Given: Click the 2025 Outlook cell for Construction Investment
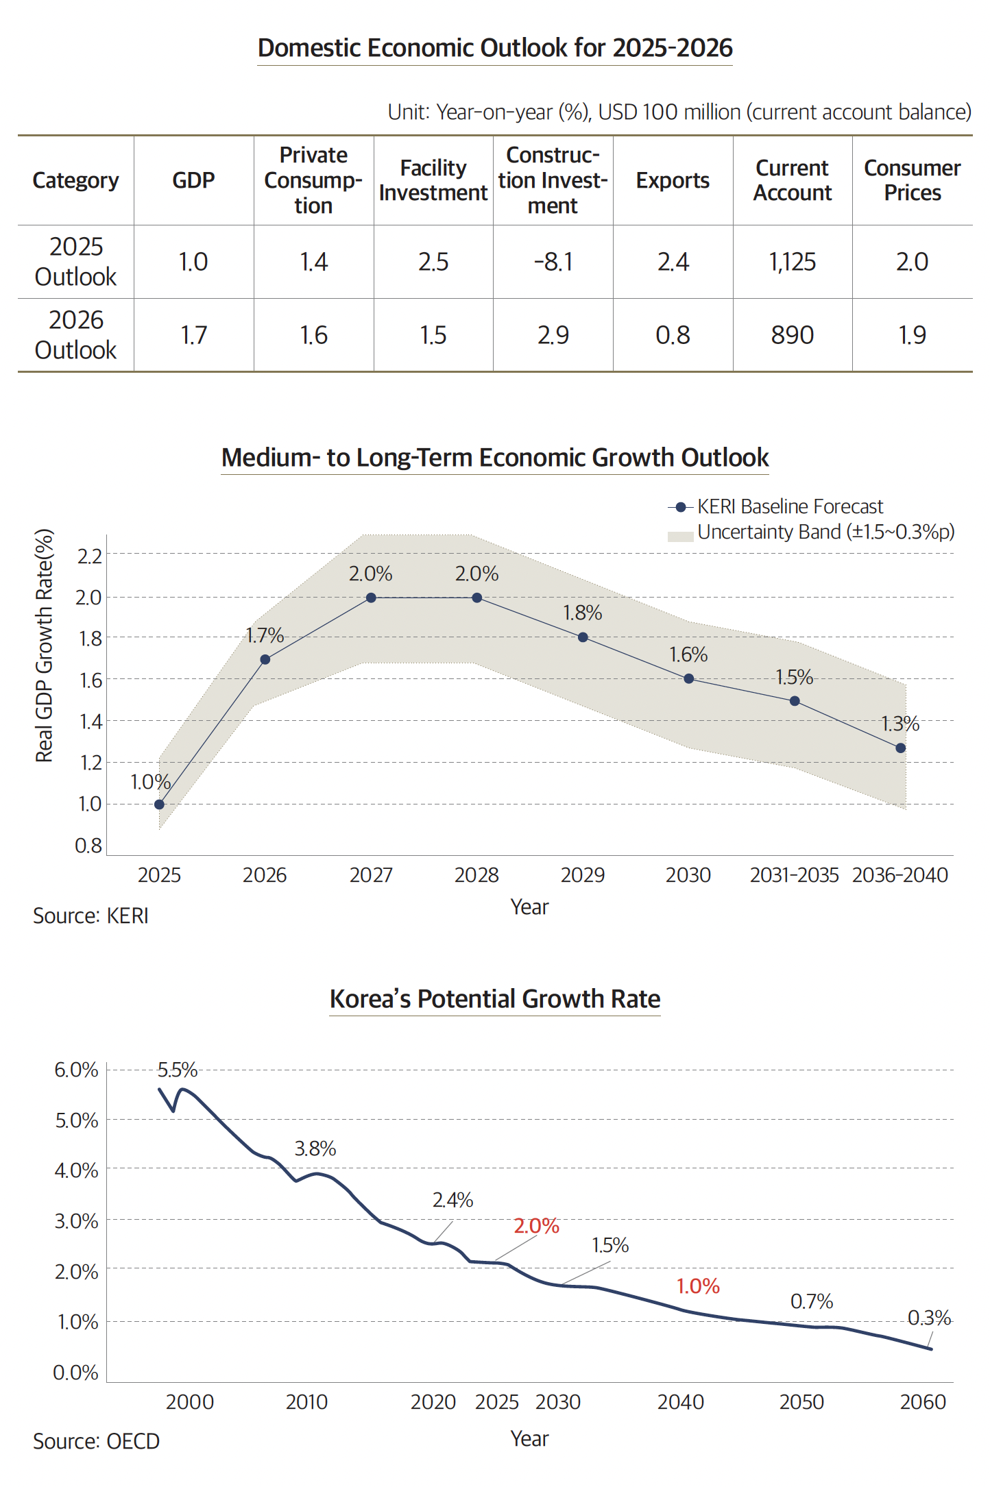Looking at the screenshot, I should [553, 262].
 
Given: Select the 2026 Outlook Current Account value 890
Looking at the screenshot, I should [792, 335].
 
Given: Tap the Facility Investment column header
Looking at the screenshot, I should [433, 180].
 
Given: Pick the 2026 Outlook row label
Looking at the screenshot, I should [75, 335].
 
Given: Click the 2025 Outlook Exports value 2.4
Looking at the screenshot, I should [673, 262].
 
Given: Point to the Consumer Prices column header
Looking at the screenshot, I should [912, 180].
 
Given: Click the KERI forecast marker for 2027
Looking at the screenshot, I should [371, 598].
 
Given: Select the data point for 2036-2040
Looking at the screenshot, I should [900, 748].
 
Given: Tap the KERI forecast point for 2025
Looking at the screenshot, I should [159, 804].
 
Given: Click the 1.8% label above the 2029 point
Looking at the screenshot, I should [582, 613].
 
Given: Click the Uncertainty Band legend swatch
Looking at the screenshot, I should [680, 536].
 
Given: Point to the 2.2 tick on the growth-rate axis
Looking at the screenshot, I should [89, 556].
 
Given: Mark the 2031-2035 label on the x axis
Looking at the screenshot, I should [794, 875].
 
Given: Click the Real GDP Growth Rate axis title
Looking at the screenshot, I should [44, 645].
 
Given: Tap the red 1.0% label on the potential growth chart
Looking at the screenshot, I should [698, 1286].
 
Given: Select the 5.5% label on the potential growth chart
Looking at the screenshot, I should [178, 1070].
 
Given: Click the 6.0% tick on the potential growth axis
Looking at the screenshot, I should [76, 1070].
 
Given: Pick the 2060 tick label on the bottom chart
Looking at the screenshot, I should [923, 1402].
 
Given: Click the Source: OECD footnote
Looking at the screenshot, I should [96, 1442].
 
